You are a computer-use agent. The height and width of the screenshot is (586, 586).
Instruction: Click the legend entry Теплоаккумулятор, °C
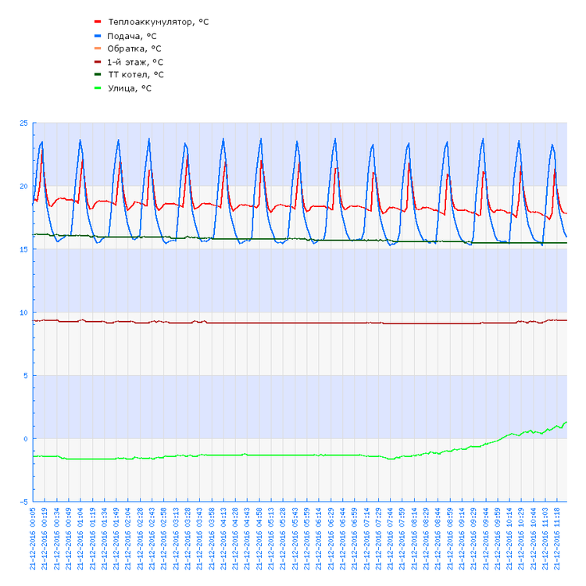coord(159,22)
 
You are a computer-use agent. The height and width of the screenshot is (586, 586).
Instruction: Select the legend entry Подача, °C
coord(132,36)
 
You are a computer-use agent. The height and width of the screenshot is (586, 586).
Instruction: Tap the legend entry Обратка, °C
coord(134,48)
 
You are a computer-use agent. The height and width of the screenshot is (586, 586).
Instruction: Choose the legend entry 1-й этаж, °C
coord(136,62)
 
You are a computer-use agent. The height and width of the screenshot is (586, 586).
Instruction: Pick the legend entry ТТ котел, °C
coord(136,74)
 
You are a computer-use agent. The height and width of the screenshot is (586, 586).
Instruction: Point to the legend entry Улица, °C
coord(130,88)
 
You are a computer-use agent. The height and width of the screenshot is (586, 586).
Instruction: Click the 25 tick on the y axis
coord(23,123)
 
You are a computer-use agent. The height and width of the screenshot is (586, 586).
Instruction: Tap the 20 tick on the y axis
coord(23,186)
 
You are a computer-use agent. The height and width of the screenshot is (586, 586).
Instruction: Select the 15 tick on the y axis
coord(23,249)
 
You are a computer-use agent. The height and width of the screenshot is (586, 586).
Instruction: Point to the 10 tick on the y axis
coord(23,313)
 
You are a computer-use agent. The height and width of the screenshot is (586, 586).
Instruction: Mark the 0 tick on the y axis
coord(25,438)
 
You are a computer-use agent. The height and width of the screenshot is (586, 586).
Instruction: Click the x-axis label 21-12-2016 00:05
coord(34,538)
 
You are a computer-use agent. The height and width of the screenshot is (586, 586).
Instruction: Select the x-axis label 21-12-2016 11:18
coord(558,538)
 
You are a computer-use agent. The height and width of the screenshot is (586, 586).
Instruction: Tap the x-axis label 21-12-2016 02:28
coord(141,538)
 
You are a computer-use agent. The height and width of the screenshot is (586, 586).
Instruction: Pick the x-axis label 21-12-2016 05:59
coord(308,538)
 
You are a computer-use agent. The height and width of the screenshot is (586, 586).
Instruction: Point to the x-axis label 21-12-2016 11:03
coord(546,538)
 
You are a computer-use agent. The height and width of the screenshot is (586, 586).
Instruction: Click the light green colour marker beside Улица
coord(98,88)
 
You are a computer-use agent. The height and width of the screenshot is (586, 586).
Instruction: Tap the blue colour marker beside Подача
coord(98,36)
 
